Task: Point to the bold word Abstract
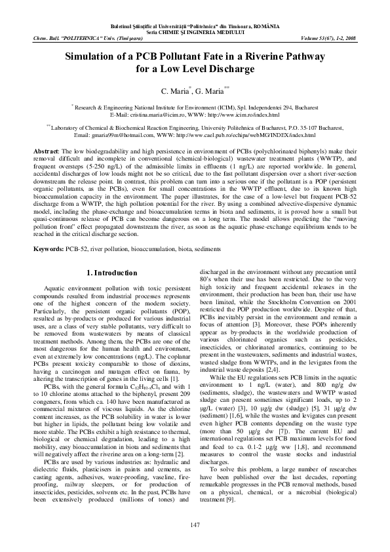tap(47, 151)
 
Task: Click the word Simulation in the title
tap(91, 57)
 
